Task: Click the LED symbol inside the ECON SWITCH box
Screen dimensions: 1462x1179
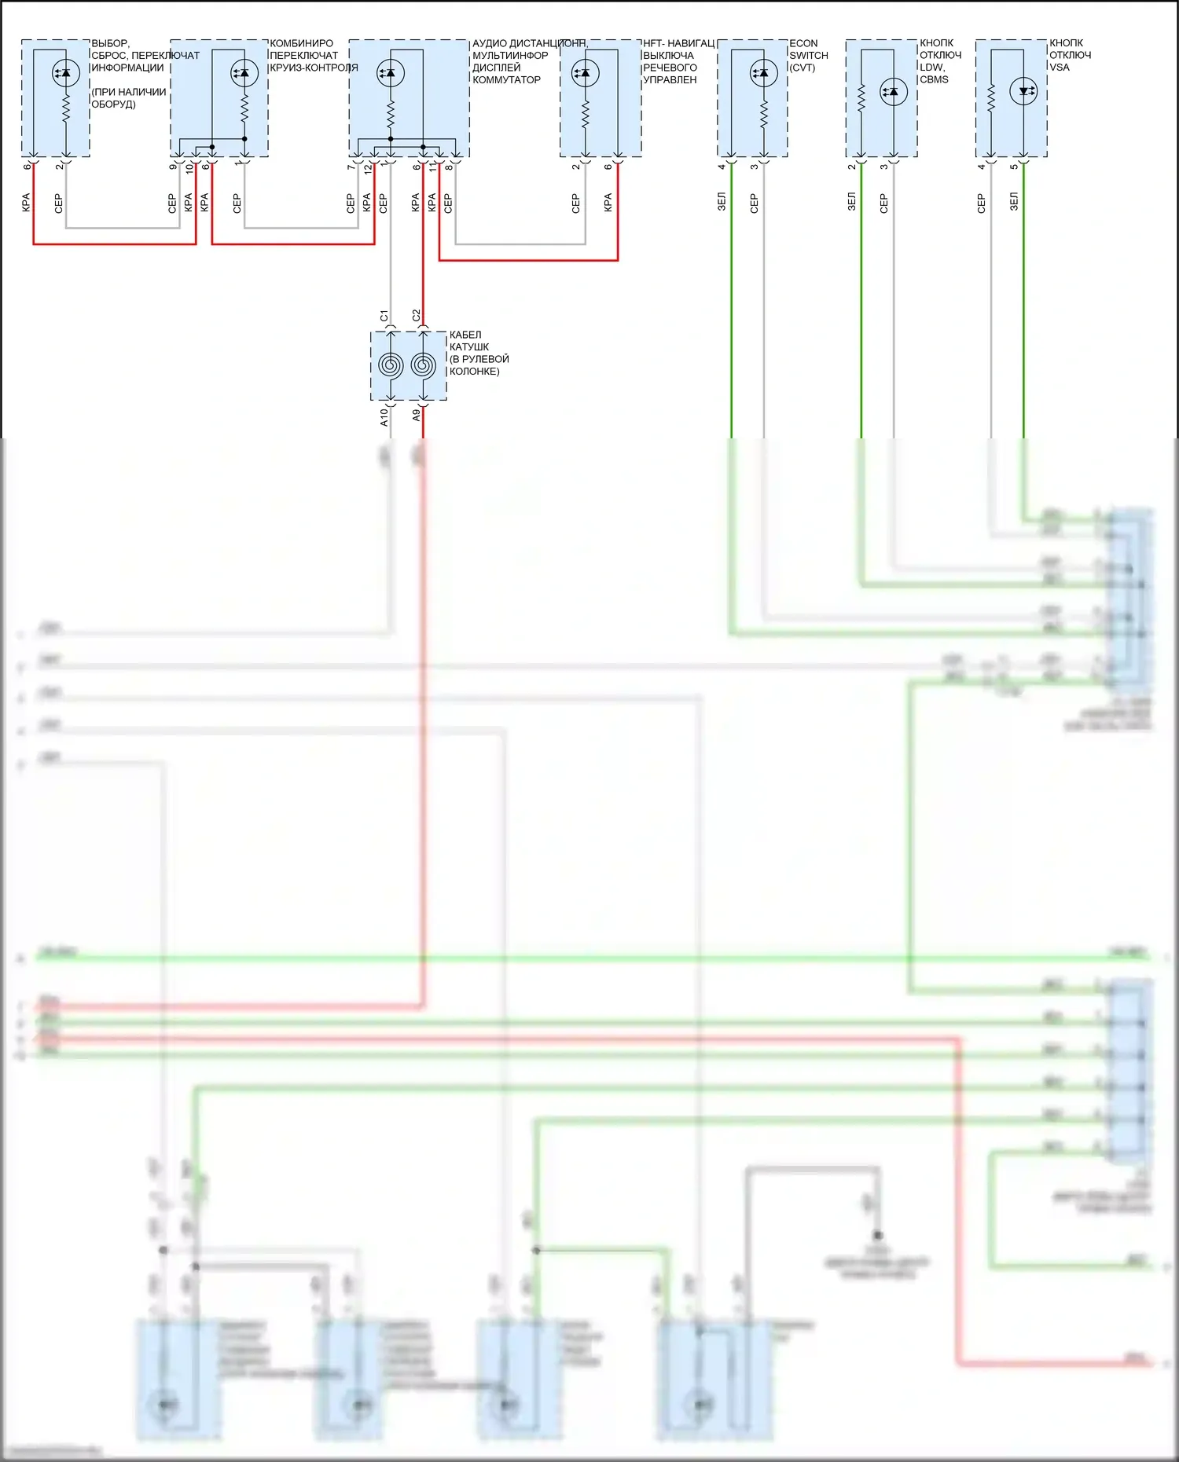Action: [x=763, y=73]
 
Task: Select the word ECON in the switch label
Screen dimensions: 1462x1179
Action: [x=803, y=43]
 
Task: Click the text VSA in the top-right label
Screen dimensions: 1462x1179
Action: [x=1060, y=68]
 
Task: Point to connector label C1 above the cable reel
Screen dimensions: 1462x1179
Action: [x=384, y=316]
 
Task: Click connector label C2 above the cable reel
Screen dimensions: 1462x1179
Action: [x=417, y=316]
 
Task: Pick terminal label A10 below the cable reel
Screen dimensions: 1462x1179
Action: [x=384, y=417]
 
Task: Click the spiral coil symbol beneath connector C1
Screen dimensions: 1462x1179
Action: [x=391, y=365]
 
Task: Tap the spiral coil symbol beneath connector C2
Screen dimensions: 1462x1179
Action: [x=423, y=365]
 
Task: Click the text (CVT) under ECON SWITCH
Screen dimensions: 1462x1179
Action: [x=803, y=68]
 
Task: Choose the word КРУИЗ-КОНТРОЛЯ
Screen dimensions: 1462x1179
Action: [x=314, y=68]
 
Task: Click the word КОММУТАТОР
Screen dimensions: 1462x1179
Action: [x=506, y=79]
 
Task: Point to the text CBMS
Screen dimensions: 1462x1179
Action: [x=934, y=79]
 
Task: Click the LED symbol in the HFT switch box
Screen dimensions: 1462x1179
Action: [x=585, y=73]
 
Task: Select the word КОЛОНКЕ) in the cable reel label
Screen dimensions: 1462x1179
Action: [x=474, y=372]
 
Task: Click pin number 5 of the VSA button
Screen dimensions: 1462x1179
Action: [x=1014, y=167]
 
